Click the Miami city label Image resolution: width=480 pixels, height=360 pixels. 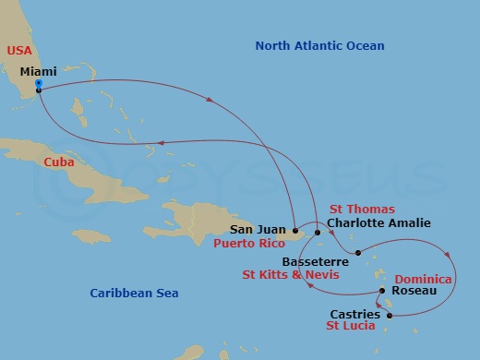pos(37,70)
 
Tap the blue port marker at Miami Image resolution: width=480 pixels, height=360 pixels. pos(38,85)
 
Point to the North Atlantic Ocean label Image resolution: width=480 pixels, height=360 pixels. pos(320,46)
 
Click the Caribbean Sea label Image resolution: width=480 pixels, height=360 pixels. pos(134,293)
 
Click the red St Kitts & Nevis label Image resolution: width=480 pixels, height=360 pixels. pos(290,275)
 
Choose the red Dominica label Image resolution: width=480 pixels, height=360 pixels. pos(424,279)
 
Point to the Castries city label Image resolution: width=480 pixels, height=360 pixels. pos(354,314)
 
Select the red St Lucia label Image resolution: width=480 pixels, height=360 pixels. pos(354,327)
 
